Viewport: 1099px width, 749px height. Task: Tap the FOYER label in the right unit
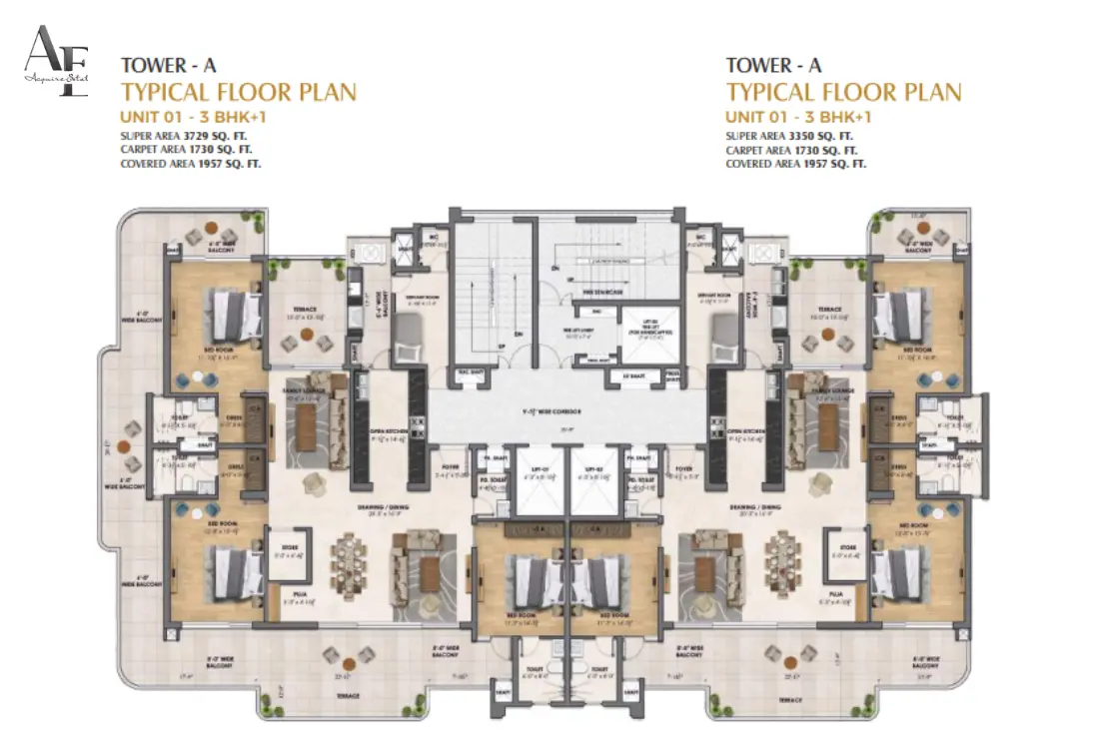pos(712,465)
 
